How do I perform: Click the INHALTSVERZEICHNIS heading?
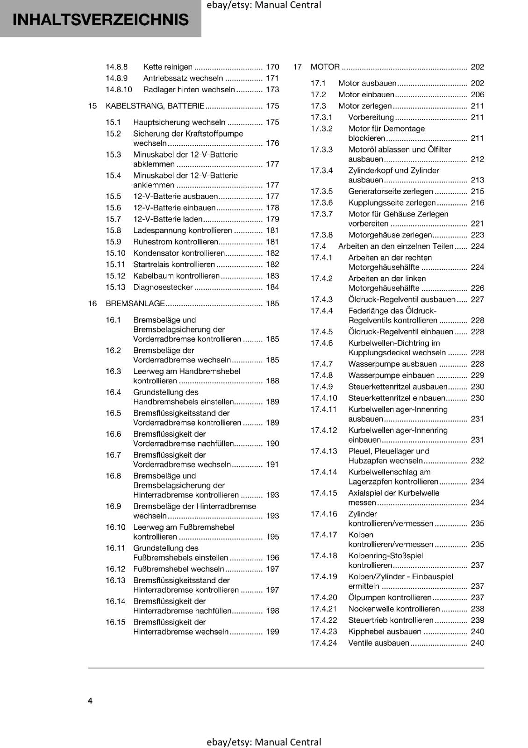pyautogui.click(x=100, y=20)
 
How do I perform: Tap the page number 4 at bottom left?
pyautogui.click(x=90, y=700)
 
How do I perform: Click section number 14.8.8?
pyautogui.click(x=116, y=67)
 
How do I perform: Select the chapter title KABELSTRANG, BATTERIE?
pyautogui.click(x=155, y=106)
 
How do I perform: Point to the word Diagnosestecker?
pyautogui.click(x=163, y=287)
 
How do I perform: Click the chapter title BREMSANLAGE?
pyautogui.click(x=135, y=303)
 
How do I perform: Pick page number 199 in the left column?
pyautogui.click(x=272, y=632)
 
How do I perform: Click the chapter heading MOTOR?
pyautogui.click(x=325, y=67)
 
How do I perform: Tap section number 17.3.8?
pyautogui.click(x=321, y=235)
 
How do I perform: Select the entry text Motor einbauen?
pyautogui.click(x=366, y=94)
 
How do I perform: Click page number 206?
pyautogui.click(x=477, y=94)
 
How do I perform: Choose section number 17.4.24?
pyautogui.click(x=324, y=643)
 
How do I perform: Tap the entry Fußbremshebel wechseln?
pyautogui.click(x=178, y=569)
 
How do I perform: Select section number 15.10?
pyautogui.click(x=115, y=253)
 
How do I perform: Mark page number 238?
pyautogui.click(x=477, y=609)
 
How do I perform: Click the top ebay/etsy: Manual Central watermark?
pyautogui.click(x=264, y=5)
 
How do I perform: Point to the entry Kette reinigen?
pyautogui.click(x=167, y=67)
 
